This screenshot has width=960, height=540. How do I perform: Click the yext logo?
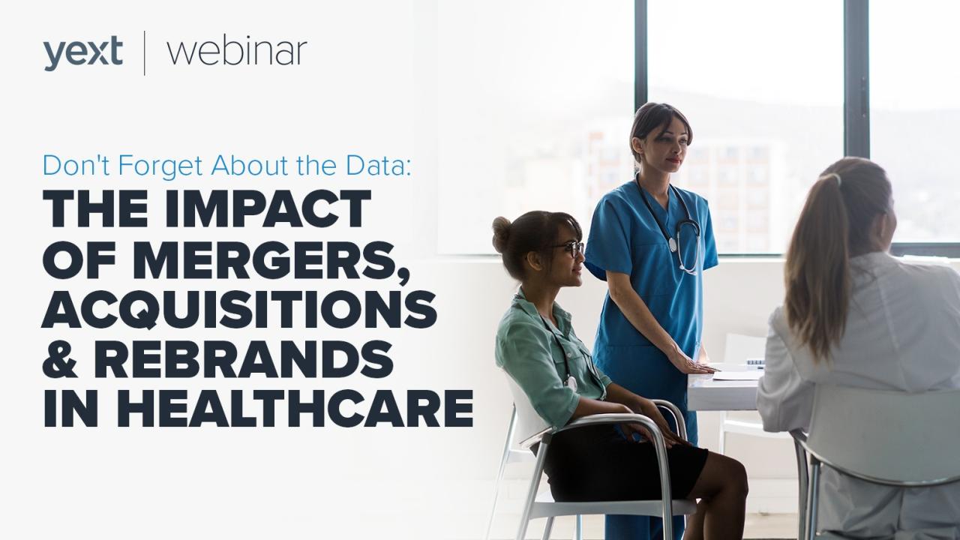82,53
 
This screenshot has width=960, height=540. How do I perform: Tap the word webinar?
237,52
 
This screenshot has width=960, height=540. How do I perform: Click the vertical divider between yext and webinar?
144,52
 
